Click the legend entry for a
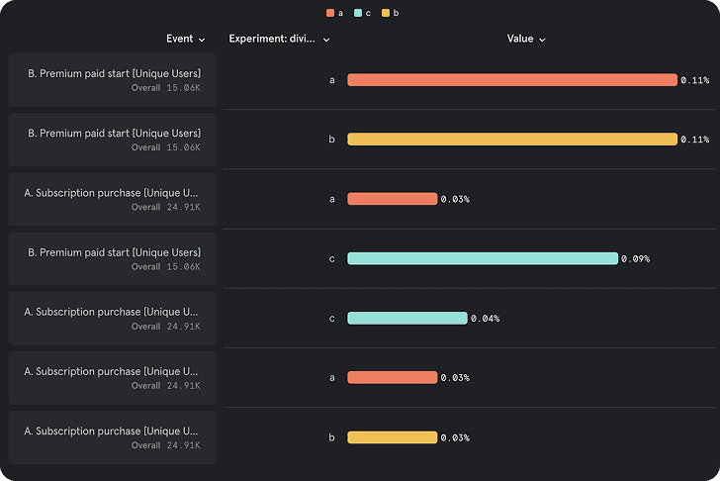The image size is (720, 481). (x=334, y=13)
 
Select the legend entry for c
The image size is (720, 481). (x=362, y=13)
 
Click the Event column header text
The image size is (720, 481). (x=180, y=39)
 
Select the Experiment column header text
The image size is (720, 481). (x=273, y=39)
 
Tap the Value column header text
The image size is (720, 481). (x=520, y=39)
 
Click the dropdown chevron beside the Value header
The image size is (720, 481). (x=543, y=40)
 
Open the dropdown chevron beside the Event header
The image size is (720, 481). (x=202, y=40)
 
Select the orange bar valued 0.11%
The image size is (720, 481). (x=511, y=80)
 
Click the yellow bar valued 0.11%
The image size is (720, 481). (x=511, y=140)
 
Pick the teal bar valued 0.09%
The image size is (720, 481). (x=482, y=258)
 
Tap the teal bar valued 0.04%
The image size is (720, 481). (x=406, y=319)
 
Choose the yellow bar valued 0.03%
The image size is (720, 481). (x=392, y=437)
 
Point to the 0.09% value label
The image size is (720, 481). (x=636, y=259)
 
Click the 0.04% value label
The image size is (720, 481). (x=485, y=319)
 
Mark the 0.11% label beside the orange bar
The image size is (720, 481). (x=695, y=80)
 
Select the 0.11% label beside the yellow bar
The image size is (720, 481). (x=695, y=140)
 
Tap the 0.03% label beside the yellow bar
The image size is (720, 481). (x=455, y=437)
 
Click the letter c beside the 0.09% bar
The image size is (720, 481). (x=332, y=258)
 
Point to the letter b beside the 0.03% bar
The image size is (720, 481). (x=332, y=437)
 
